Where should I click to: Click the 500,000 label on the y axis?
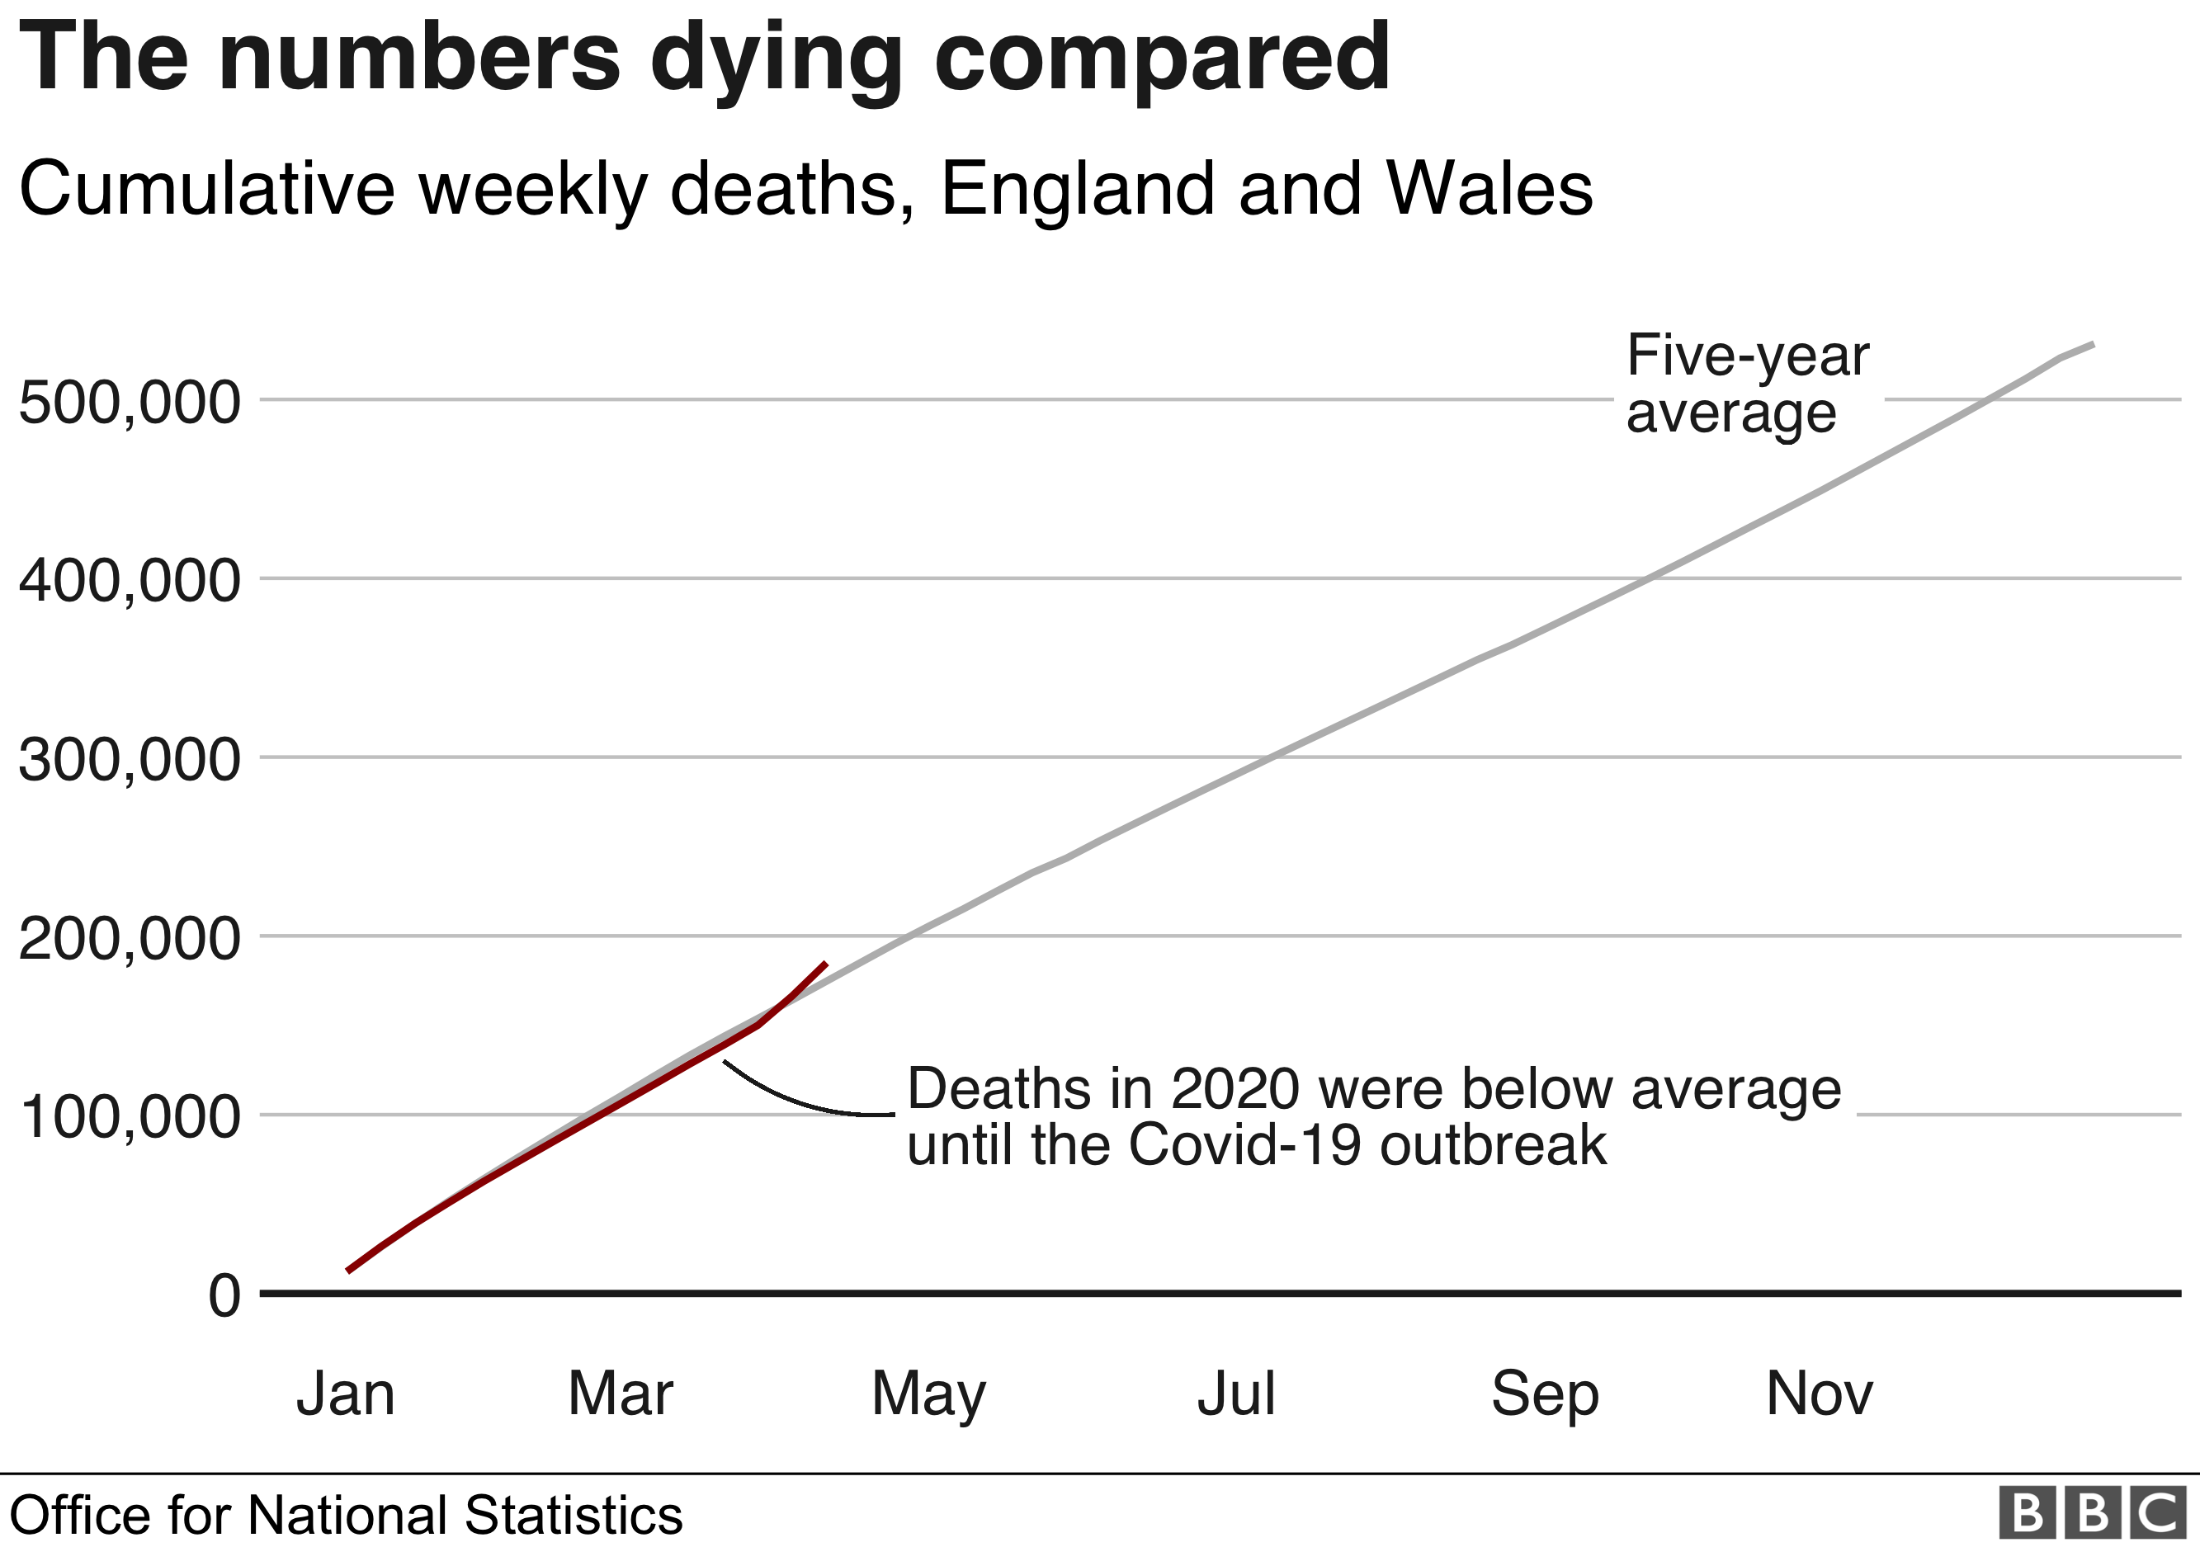[130, 403]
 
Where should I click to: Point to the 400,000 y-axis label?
[130, 581]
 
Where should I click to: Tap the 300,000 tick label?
[130, 760]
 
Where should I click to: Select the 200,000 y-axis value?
[130, 938]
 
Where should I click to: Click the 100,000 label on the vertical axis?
[130, 1117]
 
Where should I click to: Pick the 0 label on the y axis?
[225, 1296]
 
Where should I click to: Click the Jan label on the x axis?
[346, 1394]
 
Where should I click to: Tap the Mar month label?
[620, 1394]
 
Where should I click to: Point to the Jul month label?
[1236, 1394]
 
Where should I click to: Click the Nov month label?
[1819, 1394]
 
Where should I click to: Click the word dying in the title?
[777, 59]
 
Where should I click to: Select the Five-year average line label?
[1747, 384]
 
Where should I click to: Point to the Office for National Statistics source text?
[346, 1516]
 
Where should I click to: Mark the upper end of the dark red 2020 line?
[825, 963]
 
